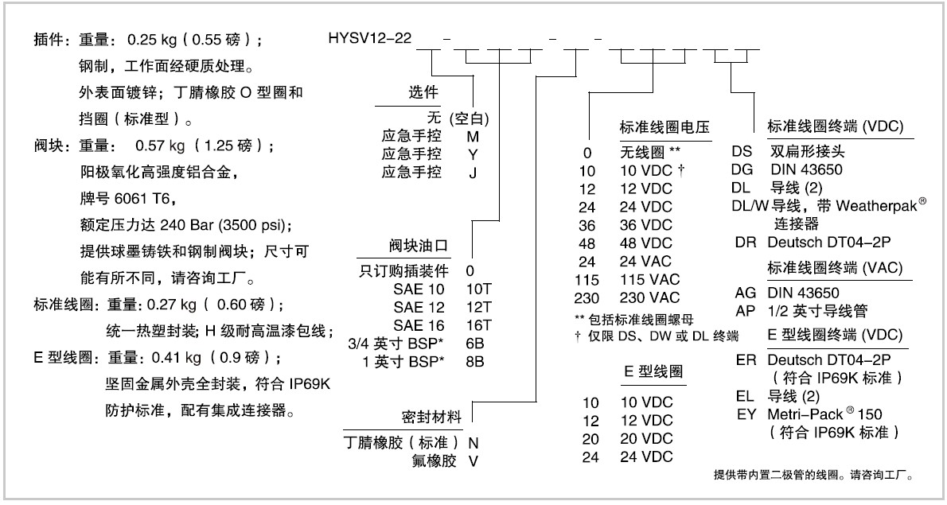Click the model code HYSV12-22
tap(369, 38)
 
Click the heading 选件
tap(423, 92)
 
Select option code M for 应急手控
tap(473, 136)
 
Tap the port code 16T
tap(479, 325)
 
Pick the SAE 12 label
tap(419, 307)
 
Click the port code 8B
tap(475, 361)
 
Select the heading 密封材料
tap(431, 417)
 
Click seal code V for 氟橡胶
tap(473, 461)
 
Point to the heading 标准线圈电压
tap(664, 127)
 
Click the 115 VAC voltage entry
tap(650, 279)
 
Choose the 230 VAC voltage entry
tap(650, 297)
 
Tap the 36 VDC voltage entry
tap(645, 225)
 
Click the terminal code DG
tap(742, 169)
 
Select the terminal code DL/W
tap(750, 206)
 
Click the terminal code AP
tap(746, 311)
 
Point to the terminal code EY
tap(746, 414)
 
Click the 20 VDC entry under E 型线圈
tap(645, 439)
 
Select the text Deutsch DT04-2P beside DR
tap(828, 242)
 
